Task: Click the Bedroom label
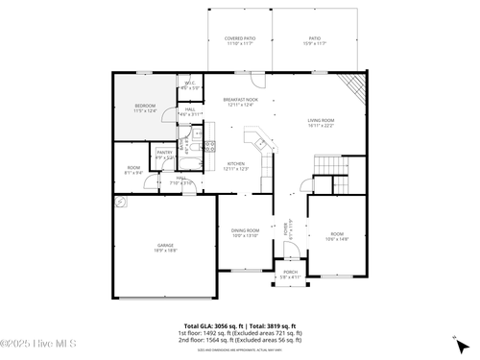pyautogui.click(x=144, y=108)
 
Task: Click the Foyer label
pyautogui.click(x=285, y=228)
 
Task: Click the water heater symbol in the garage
pyautogui.click(x=122, y=203)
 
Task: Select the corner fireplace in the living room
pyautogui.click(x=357, y=87)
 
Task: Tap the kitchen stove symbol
pyautogui.click(x=217, y=147)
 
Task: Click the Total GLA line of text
pyautogui.click(x=240, y=326)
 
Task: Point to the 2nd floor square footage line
pyautogui.click(x=240, y=340)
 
